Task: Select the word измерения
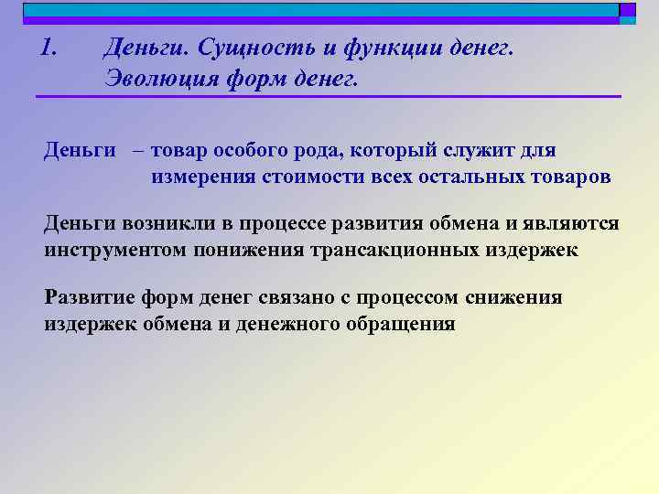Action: click(x=206, y=177)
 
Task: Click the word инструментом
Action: click(x=115, y=251)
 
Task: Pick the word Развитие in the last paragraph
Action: click(x=90, y=297)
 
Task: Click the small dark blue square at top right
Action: click(x=627, y=10)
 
